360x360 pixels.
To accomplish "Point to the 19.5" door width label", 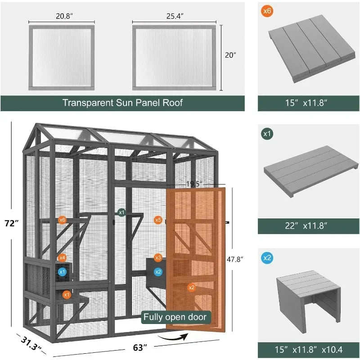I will point(195,184).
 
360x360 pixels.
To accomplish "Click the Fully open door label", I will point(175,317).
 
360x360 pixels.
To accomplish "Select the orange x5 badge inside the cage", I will point(157,220).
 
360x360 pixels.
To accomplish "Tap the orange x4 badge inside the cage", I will point(62,258).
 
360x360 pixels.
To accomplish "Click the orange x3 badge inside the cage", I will point(157,258).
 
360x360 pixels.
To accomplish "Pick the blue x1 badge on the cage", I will point(62,272).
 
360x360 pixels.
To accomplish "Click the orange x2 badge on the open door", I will point(191,287).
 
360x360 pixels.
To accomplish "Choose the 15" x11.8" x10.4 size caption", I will point(308,349).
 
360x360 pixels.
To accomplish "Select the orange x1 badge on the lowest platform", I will point(67,294).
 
